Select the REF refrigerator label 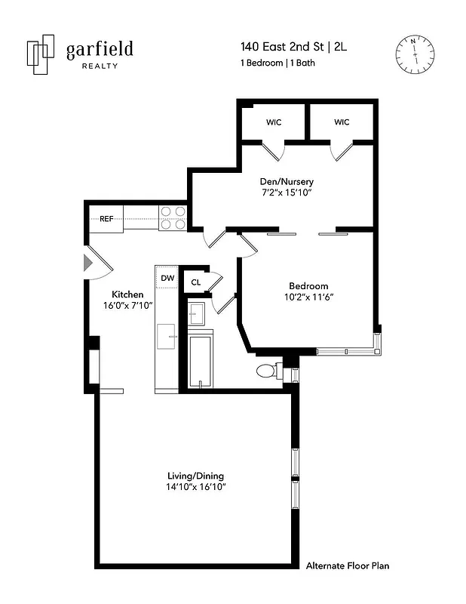tap(106, 219)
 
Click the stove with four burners tap(173, 217)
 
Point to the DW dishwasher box tap(167, 278)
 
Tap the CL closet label tap(196, 282)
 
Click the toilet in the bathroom tap(268, 371)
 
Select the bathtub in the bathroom tap(200, 362)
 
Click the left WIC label tap(274, 122)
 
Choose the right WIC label tap(342, 122)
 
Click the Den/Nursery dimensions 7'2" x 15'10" tap(282, 193)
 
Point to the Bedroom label tap(308, 285)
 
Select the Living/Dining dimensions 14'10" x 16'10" tap(195, 487)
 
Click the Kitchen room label tap(127, 294)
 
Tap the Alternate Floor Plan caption tap(348, 565)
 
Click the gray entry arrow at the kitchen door tap(88, 262)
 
